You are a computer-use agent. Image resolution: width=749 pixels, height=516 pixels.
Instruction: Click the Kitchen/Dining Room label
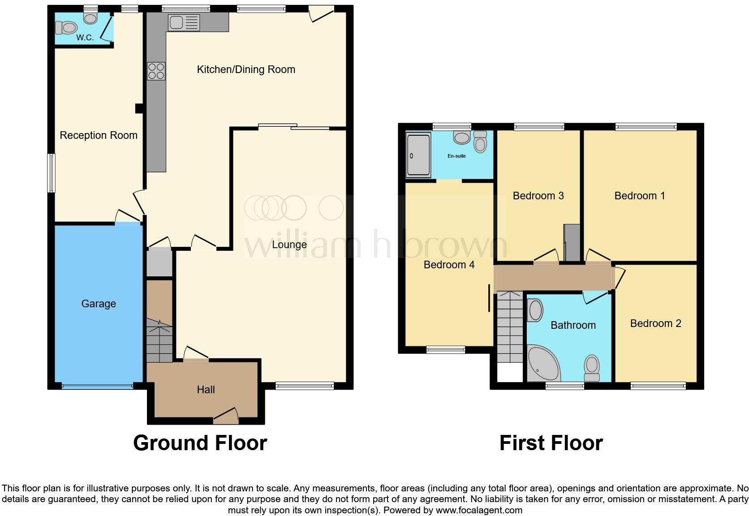click(x=246, y=69)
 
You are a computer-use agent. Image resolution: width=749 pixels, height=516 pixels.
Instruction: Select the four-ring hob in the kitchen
click(x=156, y=71)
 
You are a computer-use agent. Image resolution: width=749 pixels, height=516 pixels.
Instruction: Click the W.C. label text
click(x=85, y=38)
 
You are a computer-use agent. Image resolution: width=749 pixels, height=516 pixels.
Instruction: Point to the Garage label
click(x=99, y=304)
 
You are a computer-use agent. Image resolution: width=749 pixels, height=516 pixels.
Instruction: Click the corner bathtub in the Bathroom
click(x=542, y=364)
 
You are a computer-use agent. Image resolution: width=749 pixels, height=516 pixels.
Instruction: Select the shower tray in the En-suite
click(x=418, y=154)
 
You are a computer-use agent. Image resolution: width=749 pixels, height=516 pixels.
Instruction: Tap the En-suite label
click(x=456, y=156)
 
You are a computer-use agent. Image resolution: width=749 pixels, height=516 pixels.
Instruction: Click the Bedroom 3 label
click(x=538, y=196)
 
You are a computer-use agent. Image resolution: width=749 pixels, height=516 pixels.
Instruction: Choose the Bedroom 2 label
click(x=655, y=323)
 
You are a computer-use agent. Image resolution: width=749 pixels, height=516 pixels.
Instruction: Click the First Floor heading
click(x=551, y=443)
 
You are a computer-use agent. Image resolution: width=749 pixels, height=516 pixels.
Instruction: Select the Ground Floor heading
click(x=200, y=443)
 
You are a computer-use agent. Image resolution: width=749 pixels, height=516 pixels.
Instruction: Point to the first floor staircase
click(x=510, y=327)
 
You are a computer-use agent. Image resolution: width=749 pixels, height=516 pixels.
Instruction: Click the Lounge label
click(x=289, y=245)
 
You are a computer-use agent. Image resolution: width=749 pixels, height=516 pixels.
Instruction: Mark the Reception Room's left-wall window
click(x=52, y=173)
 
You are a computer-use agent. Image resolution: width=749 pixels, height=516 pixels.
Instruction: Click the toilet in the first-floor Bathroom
click(x=592, y=367)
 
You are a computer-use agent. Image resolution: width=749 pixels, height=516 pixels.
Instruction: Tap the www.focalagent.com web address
click(x=479, y=510)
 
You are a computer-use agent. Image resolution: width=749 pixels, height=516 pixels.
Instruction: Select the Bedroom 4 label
click(x=449, y=265)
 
